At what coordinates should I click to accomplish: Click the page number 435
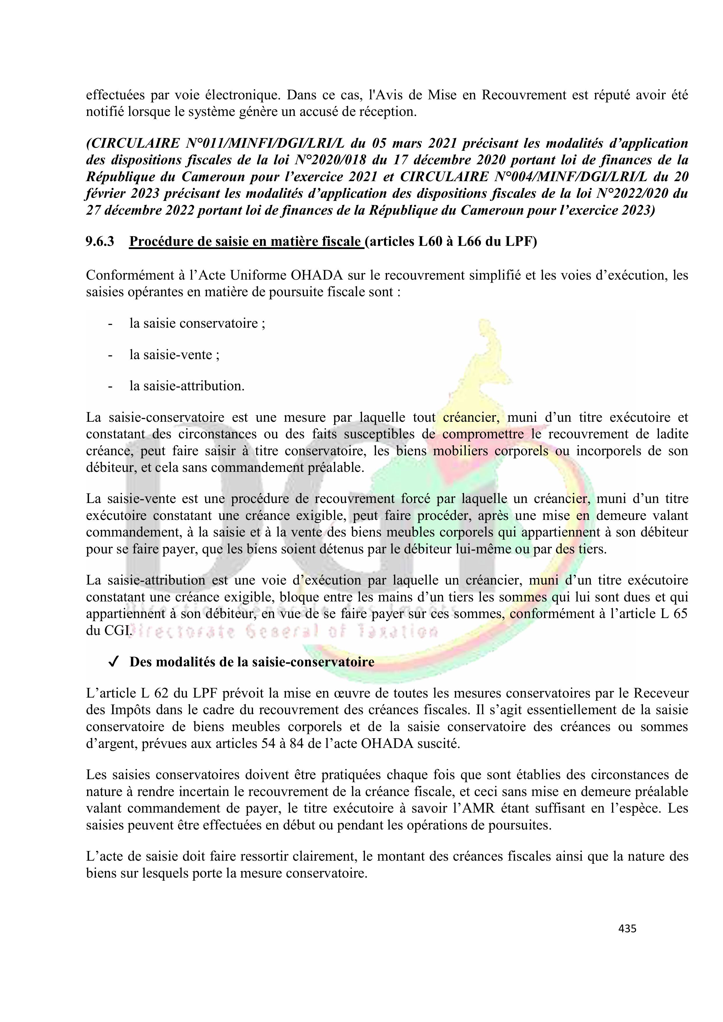pyautogui.click(x=627, y=928)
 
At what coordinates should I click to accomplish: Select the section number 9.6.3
pyautogui.click(x=100, y=242)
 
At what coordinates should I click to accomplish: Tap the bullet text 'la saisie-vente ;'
pyautogui.click(x=174, y=355)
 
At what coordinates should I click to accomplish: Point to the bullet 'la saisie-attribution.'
pyautogui.click(x=187, y=386)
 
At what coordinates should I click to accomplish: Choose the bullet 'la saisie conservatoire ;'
pyautogui.click(x=197, y=323)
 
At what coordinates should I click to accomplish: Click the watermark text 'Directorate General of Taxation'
pyautogui.click(x=282, y=631)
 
